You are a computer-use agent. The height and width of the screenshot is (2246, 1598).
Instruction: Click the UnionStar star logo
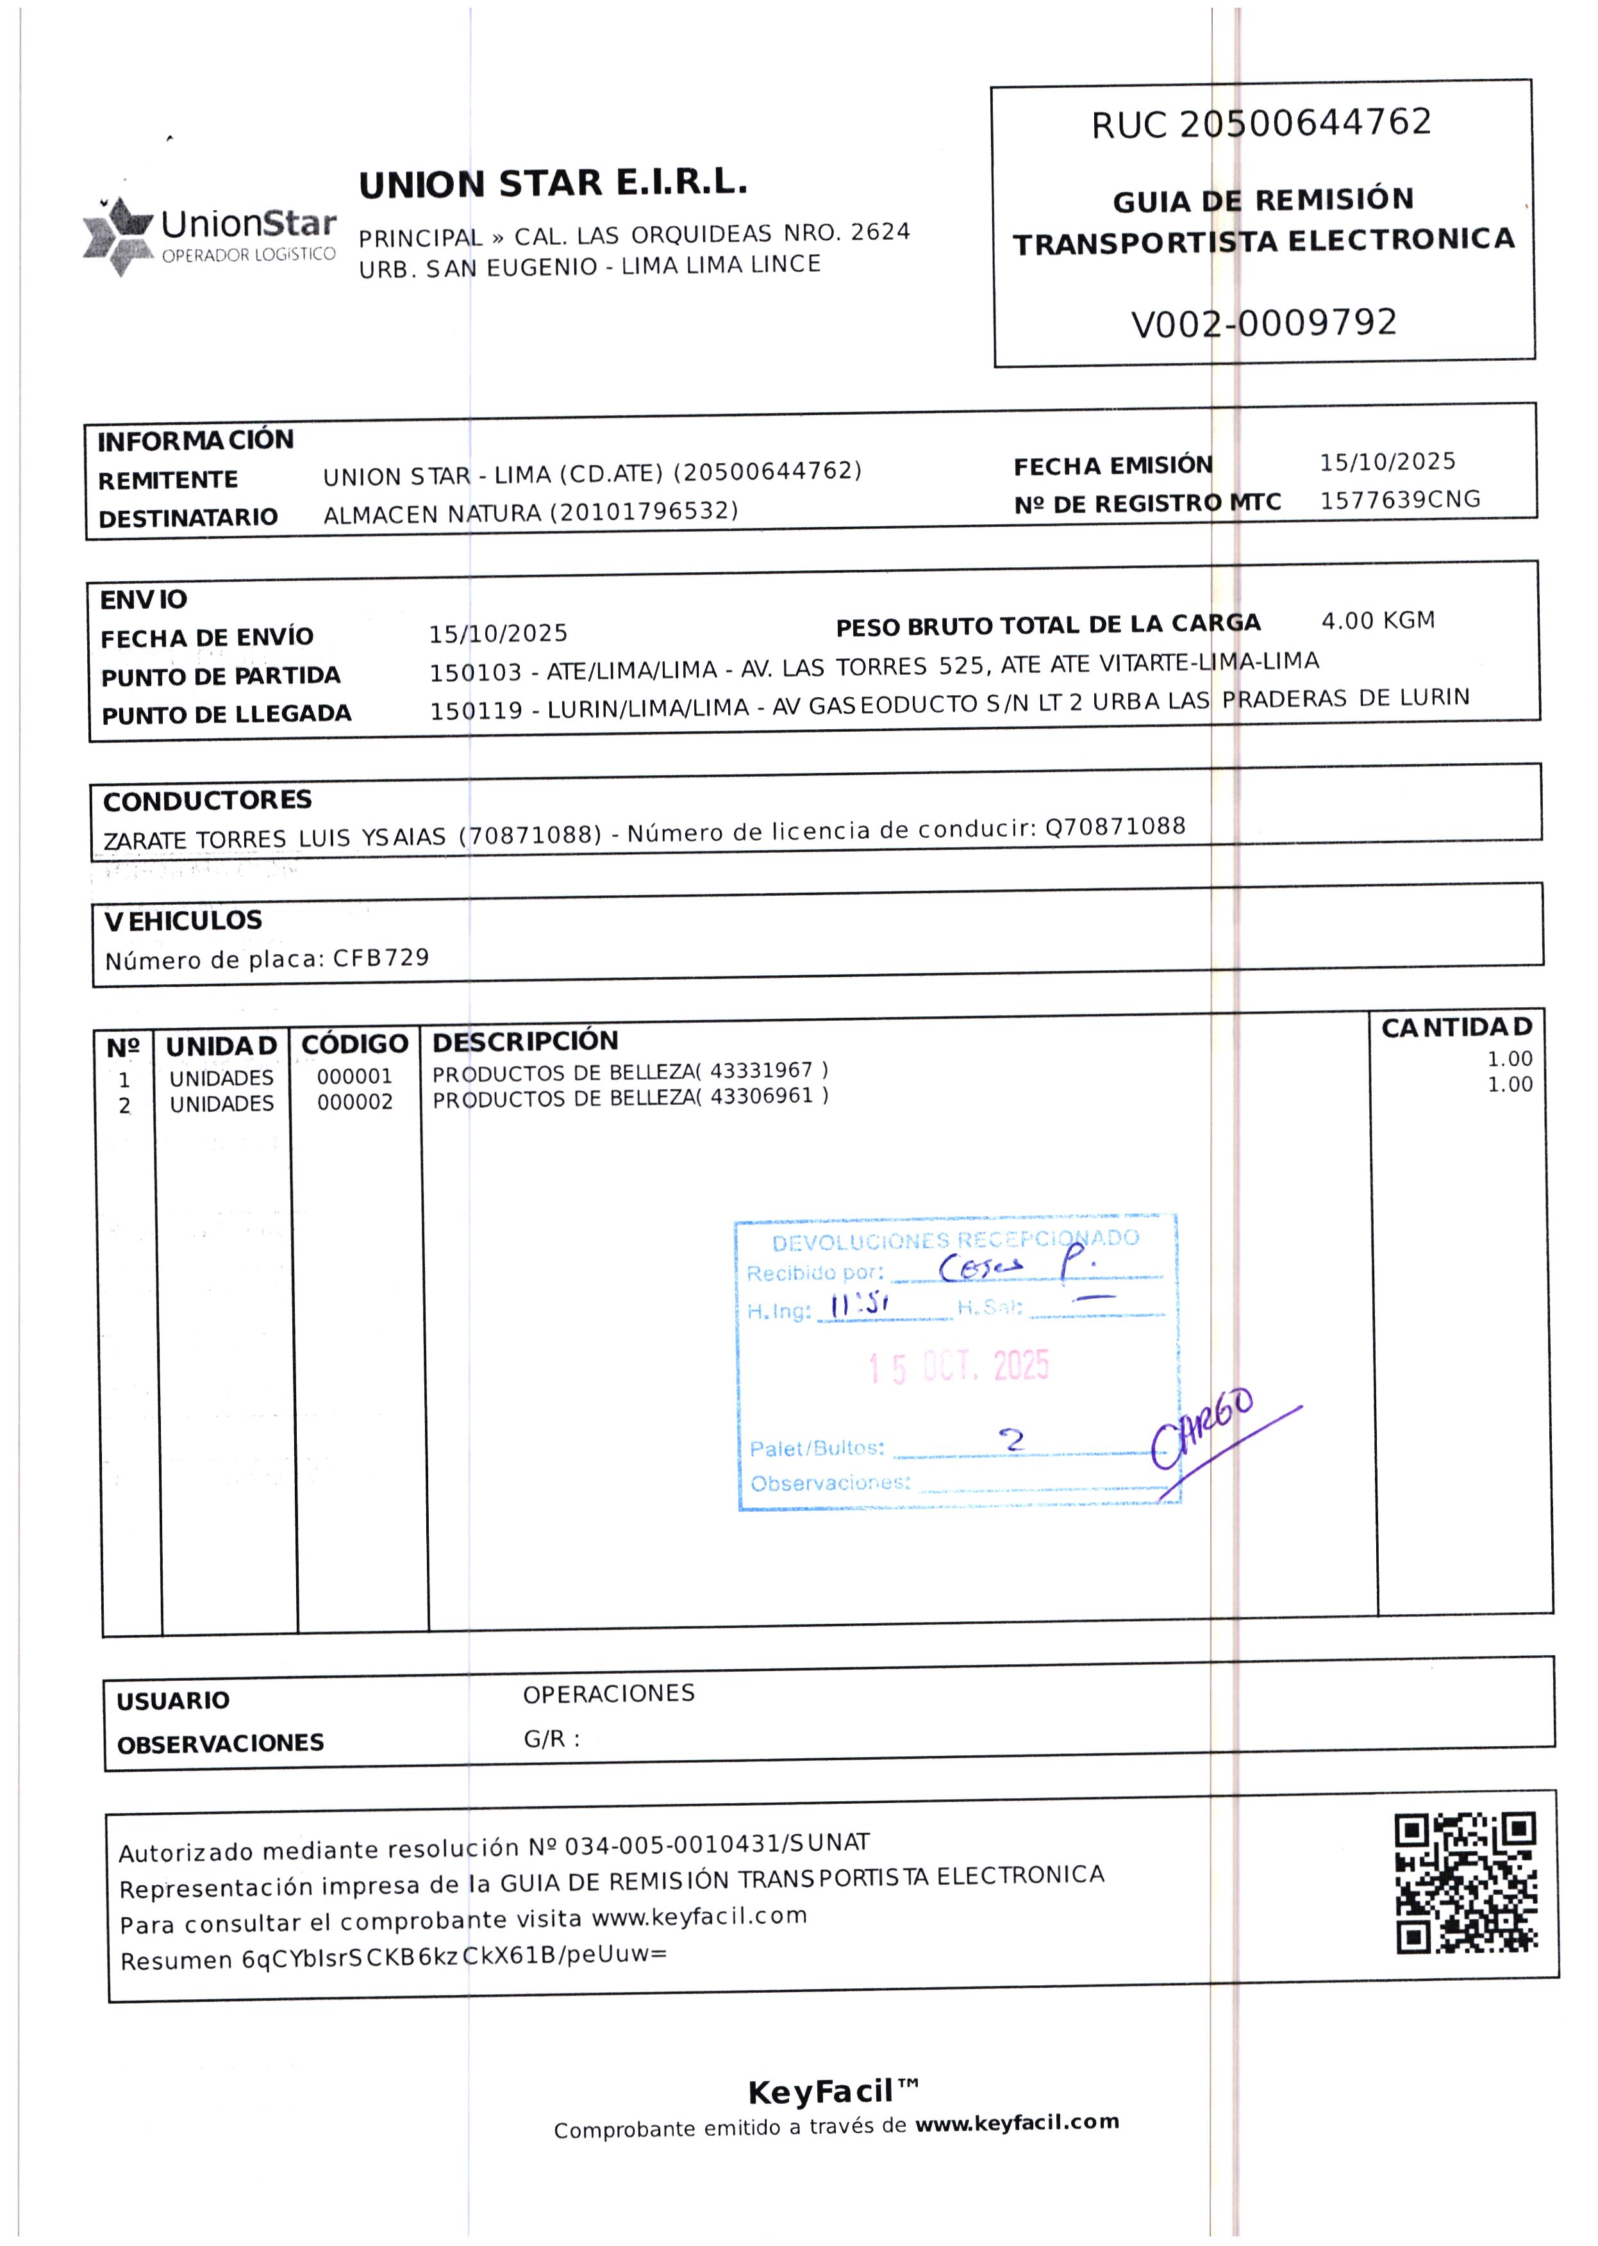pyautogui.click(x=117, y=236)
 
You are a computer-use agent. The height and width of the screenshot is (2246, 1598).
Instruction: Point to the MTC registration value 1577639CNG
pyautogui.click(x=1399, y=500)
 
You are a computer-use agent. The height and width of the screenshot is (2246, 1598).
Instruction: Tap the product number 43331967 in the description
pyautogui.click(x=761, y=1070)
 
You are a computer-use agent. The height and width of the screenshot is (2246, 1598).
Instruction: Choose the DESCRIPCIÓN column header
pyautogui.click(x=526, y=1041)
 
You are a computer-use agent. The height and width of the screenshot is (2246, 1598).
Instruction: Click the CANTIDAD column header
pyautogui.click(x=1456, y=1028)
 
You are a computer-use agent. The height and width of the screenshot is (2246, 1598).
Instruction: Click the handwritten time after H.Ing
pyautogui.click(x=859, y=1307)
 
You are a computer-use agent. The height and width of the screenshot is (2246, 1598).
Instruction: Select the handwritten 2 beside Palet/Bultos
pyautogui.click(x=1011, y=1441)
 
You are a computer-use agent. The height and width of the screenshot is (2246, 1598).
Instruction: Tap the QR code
pyautogui.click(x=1465, y=1883)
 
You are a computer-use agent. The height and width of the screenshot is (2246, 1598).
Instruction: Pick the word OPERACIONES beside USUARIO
pyautogui.click(x=608, y=1694)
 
